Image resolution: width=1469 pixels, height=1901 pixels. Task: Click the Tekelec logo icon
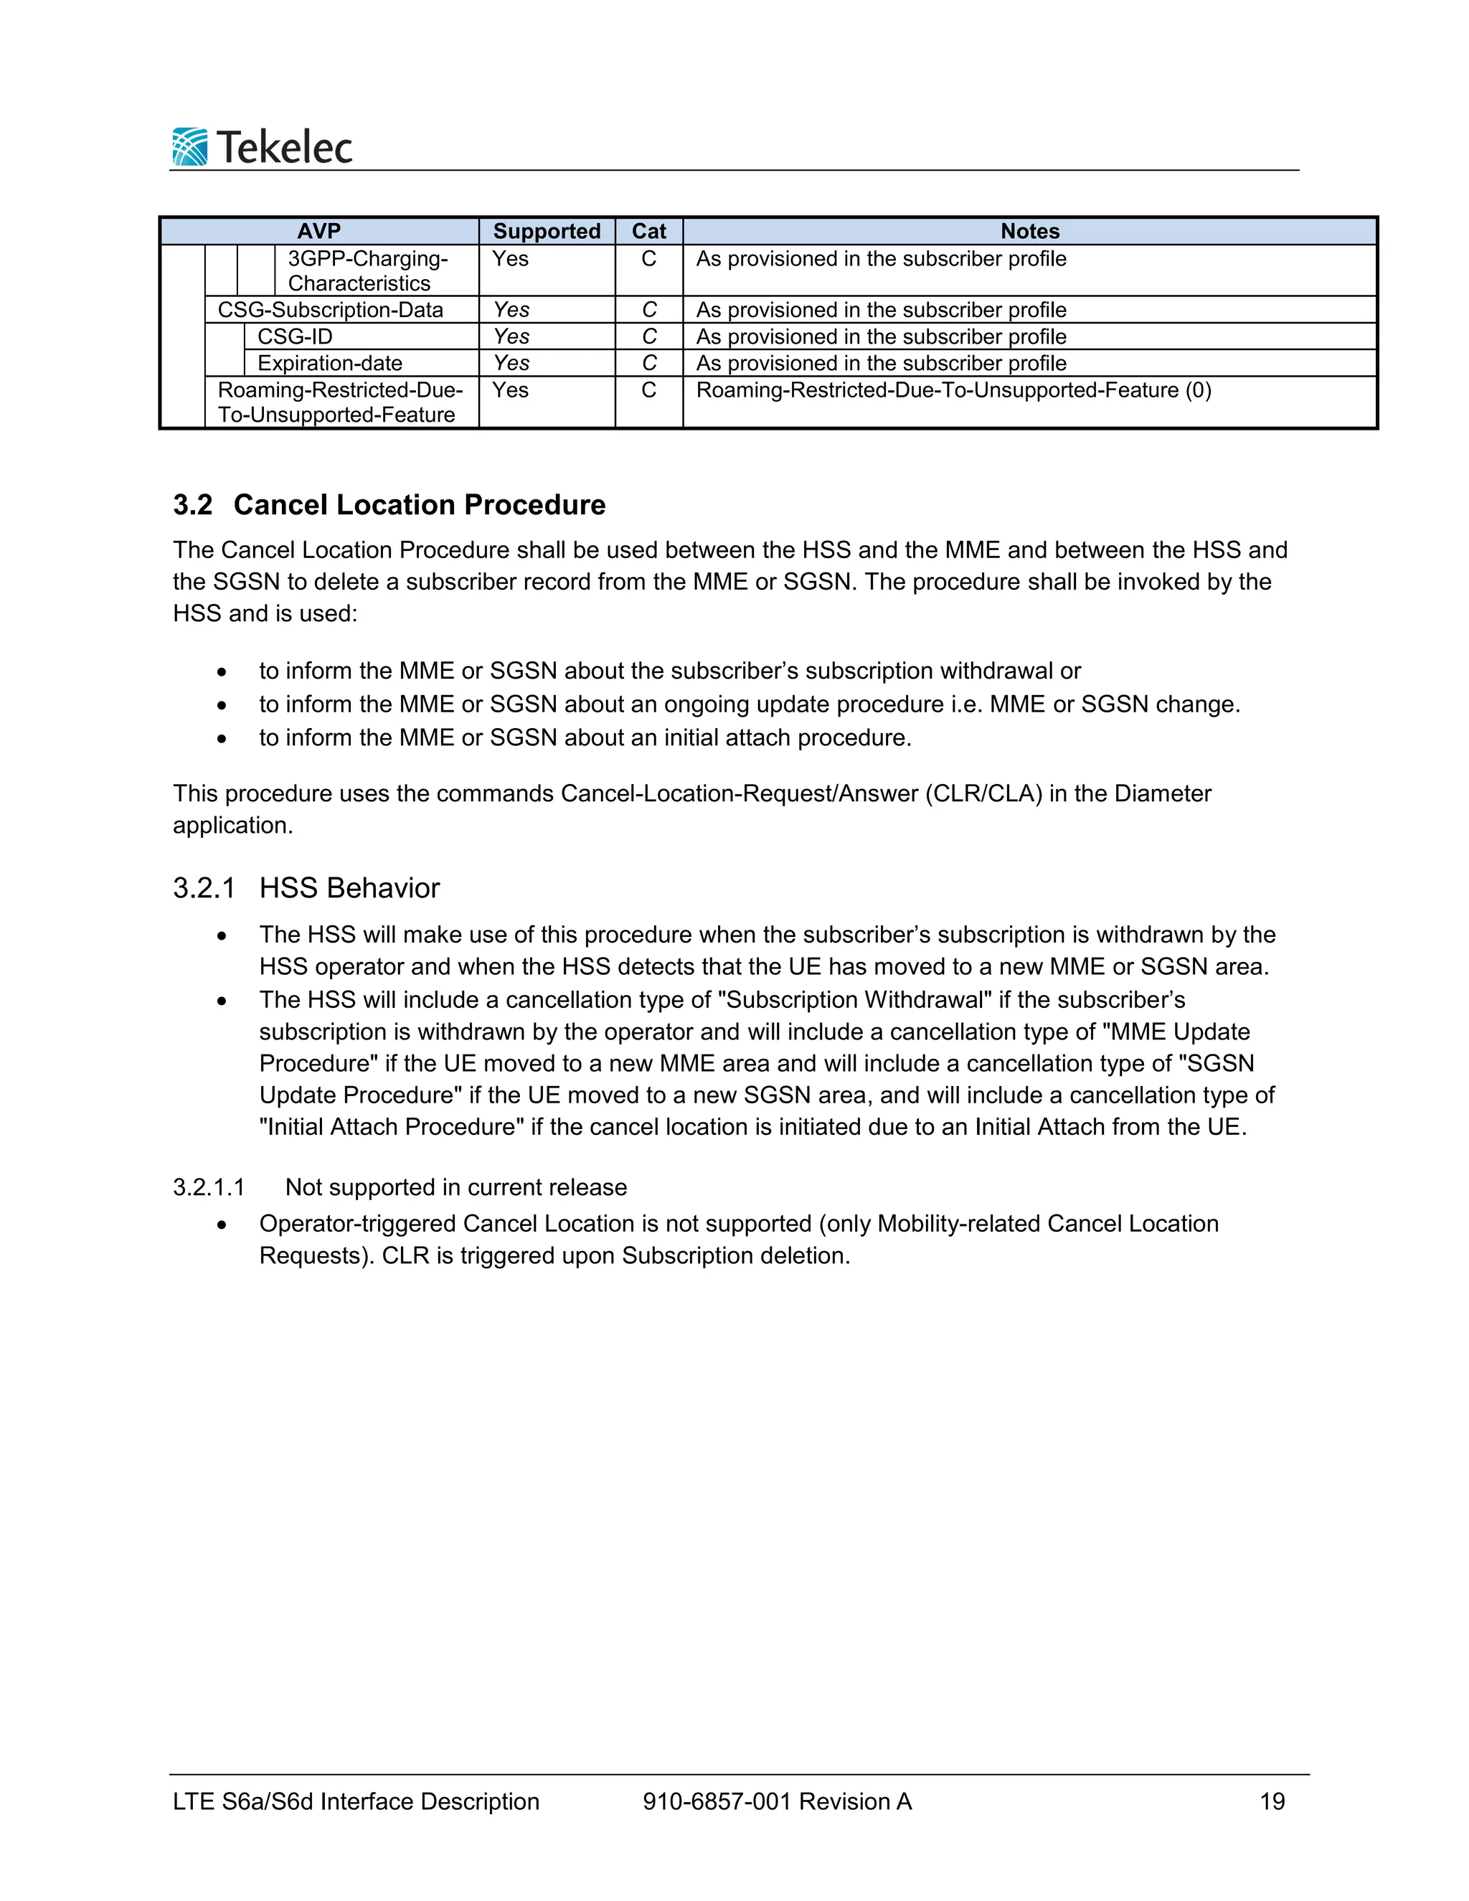(189, 146)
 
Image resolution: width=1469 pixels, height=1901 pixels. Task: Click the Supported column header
(547, 232)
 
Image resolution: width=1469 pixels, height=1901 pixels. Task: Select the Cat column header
(648, 232)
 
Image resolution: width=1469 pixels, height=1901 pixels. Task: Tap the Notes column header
(1029, 232)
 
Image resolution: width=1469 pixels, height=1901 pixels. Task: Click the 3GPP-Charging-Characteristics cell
(367, 270)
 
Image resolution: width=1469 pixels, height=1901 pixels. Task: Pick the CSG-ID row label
(295, 337)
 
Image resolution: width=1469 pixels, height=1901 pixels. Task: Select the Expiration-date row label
(330, 363)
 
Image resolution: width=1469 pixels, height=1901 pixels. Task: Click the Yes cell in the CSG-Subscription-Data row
(511, 310)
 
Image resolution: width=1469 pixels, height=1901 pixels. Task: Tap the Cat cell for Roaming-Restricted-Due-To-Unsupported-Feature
(648, 390)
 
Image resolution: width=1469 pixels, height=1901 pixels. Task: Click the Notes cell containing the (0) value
(954, 390)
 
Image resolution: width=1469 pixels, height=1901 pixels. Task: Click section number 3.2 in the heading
(192, 505)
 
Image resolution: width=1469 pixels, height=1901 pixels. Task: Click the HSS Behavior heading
(349, 888)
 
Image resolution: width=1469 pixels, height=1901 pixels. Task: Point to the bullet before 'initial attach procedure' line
(223, 739)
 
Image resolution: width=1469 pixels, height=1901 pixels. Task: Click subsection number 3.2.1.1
(209, 1187)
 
